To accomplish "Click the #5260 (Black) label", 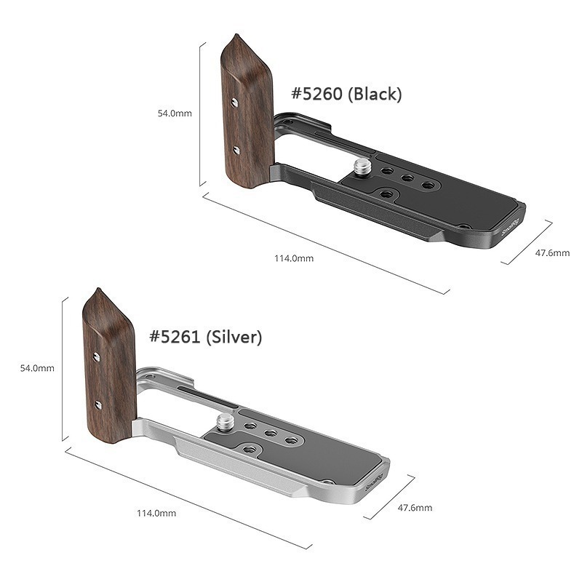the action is (346, 94).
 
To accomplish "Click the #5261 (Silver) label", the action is (205, 337).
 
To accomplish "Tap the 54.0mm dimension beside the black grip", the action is (175, 113).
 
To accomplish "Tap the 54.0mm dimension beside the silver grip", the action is (37, 368).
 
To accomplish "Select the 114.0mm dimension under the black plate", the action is (294, 258).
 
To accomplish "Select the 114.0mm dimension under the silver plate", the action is (156, 514).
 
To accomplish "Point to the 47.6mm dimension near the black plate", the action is (552, 253).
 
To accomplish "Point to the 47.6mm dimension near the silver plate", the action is (415, 508).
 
